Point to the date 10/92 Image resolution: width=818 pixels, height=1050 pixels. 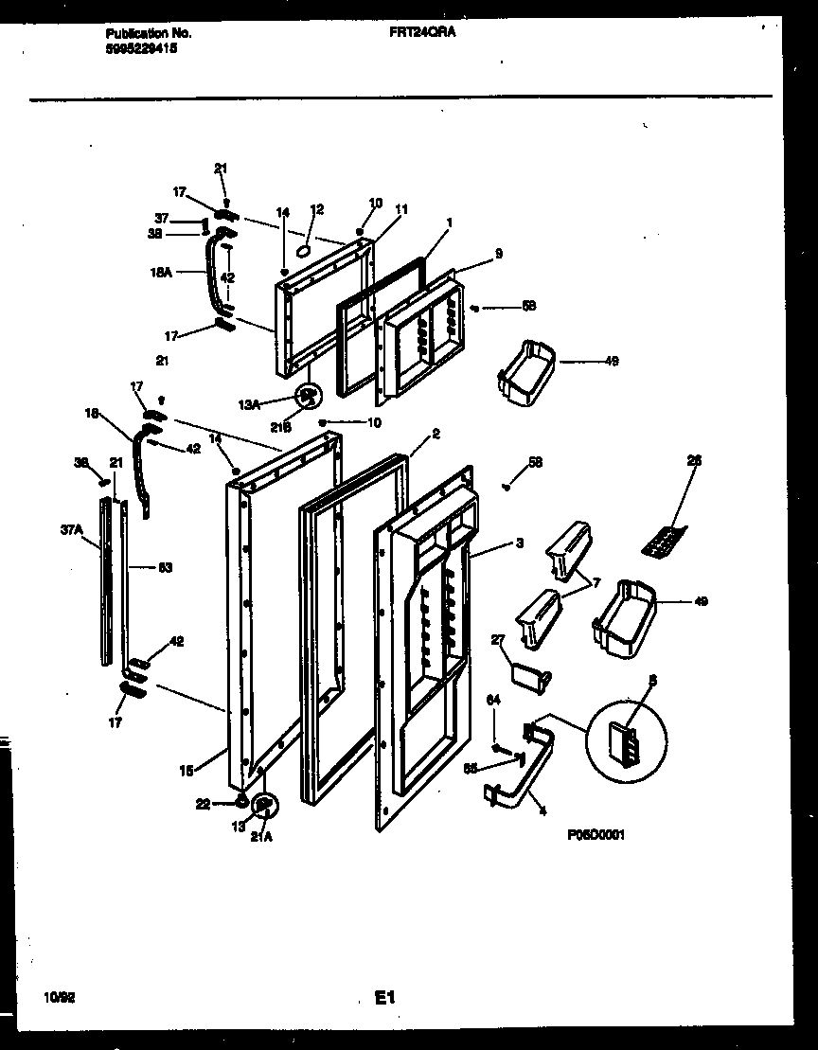57,997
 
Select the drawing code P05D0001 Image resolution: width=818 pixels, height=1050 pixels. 596,834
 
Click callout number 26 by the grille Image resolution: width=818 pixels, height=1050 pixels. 694,461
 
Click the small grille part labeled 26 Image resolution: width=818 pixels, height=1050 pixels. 661,543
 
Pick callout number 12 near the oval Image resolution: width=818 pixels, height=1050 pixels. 316,208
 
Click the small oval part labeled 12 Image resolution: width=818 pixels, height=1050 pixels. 304,251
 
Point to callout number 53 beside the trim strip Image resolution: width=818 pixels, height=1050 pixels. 138,567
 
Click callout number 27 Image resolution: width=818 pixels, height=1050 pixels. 499,640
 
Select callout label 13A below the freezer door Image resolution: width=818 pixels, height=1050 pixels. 249,404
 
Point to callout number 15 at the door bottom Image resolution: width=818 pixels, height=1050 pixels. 186,771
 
